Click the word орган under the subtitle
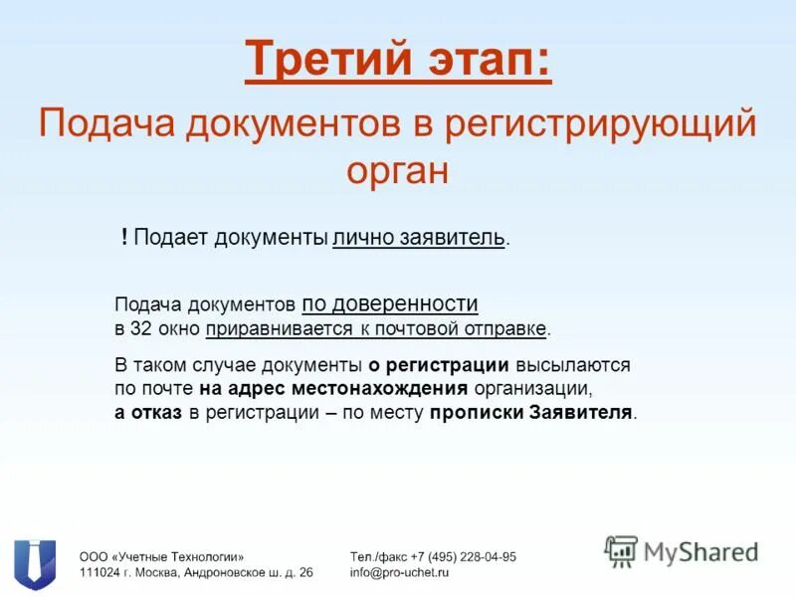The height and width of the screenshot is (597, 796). (x=398, y=169)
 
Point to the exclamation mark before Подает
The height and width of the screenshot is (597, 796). (x=124, y=237)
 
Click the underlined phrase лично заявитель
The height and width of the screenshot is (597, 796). (x=419, y=238)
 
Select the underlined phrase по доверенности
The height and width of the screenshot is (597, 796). (x=390, y=304)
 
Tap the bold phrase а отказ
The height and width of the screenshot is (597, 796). (x=148, y=412)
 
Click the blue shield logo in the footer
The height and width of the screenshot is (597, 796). (x=35, y=563)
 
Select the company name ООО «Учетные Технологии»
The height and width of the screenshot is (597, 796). (x=161, y=557)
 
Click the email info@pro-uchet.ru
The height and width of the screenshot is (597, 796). (x=400, y=573)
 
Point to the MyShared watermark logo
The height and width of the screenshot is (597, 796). (x=682, y=550)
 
